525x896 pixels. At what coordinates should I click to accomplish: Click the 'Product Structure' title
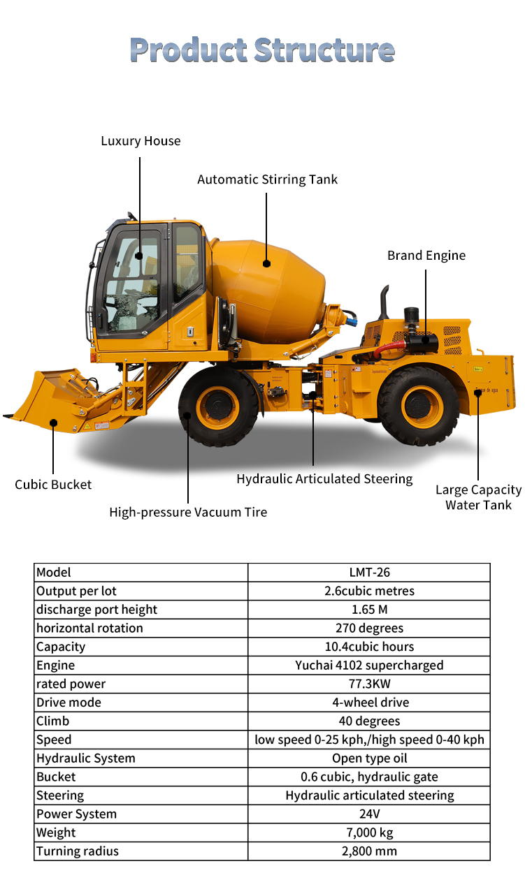pos(262,50)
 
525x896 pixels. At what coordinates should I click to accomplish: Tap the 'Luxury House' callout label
pos(141,141)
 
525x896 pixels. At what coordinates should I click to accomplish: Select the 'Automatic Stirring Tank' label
pos(267,179)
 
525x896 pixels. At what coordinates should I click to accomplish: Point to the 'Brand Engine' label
pos(426,255)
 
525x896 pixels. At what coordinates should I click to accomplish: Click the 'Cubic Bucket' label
pos(53,485)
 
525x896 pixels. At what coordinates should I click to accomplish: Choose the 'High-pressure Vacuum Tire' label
pos(188,512)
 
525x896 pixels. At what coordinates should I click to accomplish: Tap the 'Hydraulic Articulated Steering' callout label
pos(324,479)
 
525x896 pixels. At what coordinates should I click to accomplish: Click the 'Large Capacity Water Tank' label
pos(479,497)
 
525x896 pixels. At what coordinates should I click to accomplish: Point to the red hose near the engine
pos(388,347)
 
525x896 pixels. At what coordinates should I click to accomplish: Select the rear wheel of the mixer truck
pos(418,406)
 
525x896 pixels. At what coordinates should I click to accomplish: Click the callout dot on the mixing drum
pos(267,263)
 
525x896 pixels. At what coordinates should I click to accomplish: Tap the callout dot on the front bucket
pos(53,423)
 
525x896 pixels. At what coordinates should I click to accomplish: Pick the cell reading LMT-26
pos(369,573)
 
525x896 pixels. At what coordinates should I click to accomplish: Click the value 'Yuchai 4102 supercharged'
pos(369,666)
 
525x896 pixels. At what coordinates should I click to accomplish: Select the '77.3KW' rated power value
pos(369,684)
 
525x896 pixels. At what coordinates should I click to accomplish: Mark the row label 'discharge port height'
pos(96,610)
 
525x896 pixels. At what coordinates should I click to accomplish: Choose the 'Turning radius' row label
pos(78,851)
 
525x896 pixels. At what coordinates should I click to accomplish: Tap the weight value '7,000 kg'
pos(369,833)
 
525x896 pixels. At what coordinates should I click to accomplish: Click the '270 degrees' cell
pos(369,628)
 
